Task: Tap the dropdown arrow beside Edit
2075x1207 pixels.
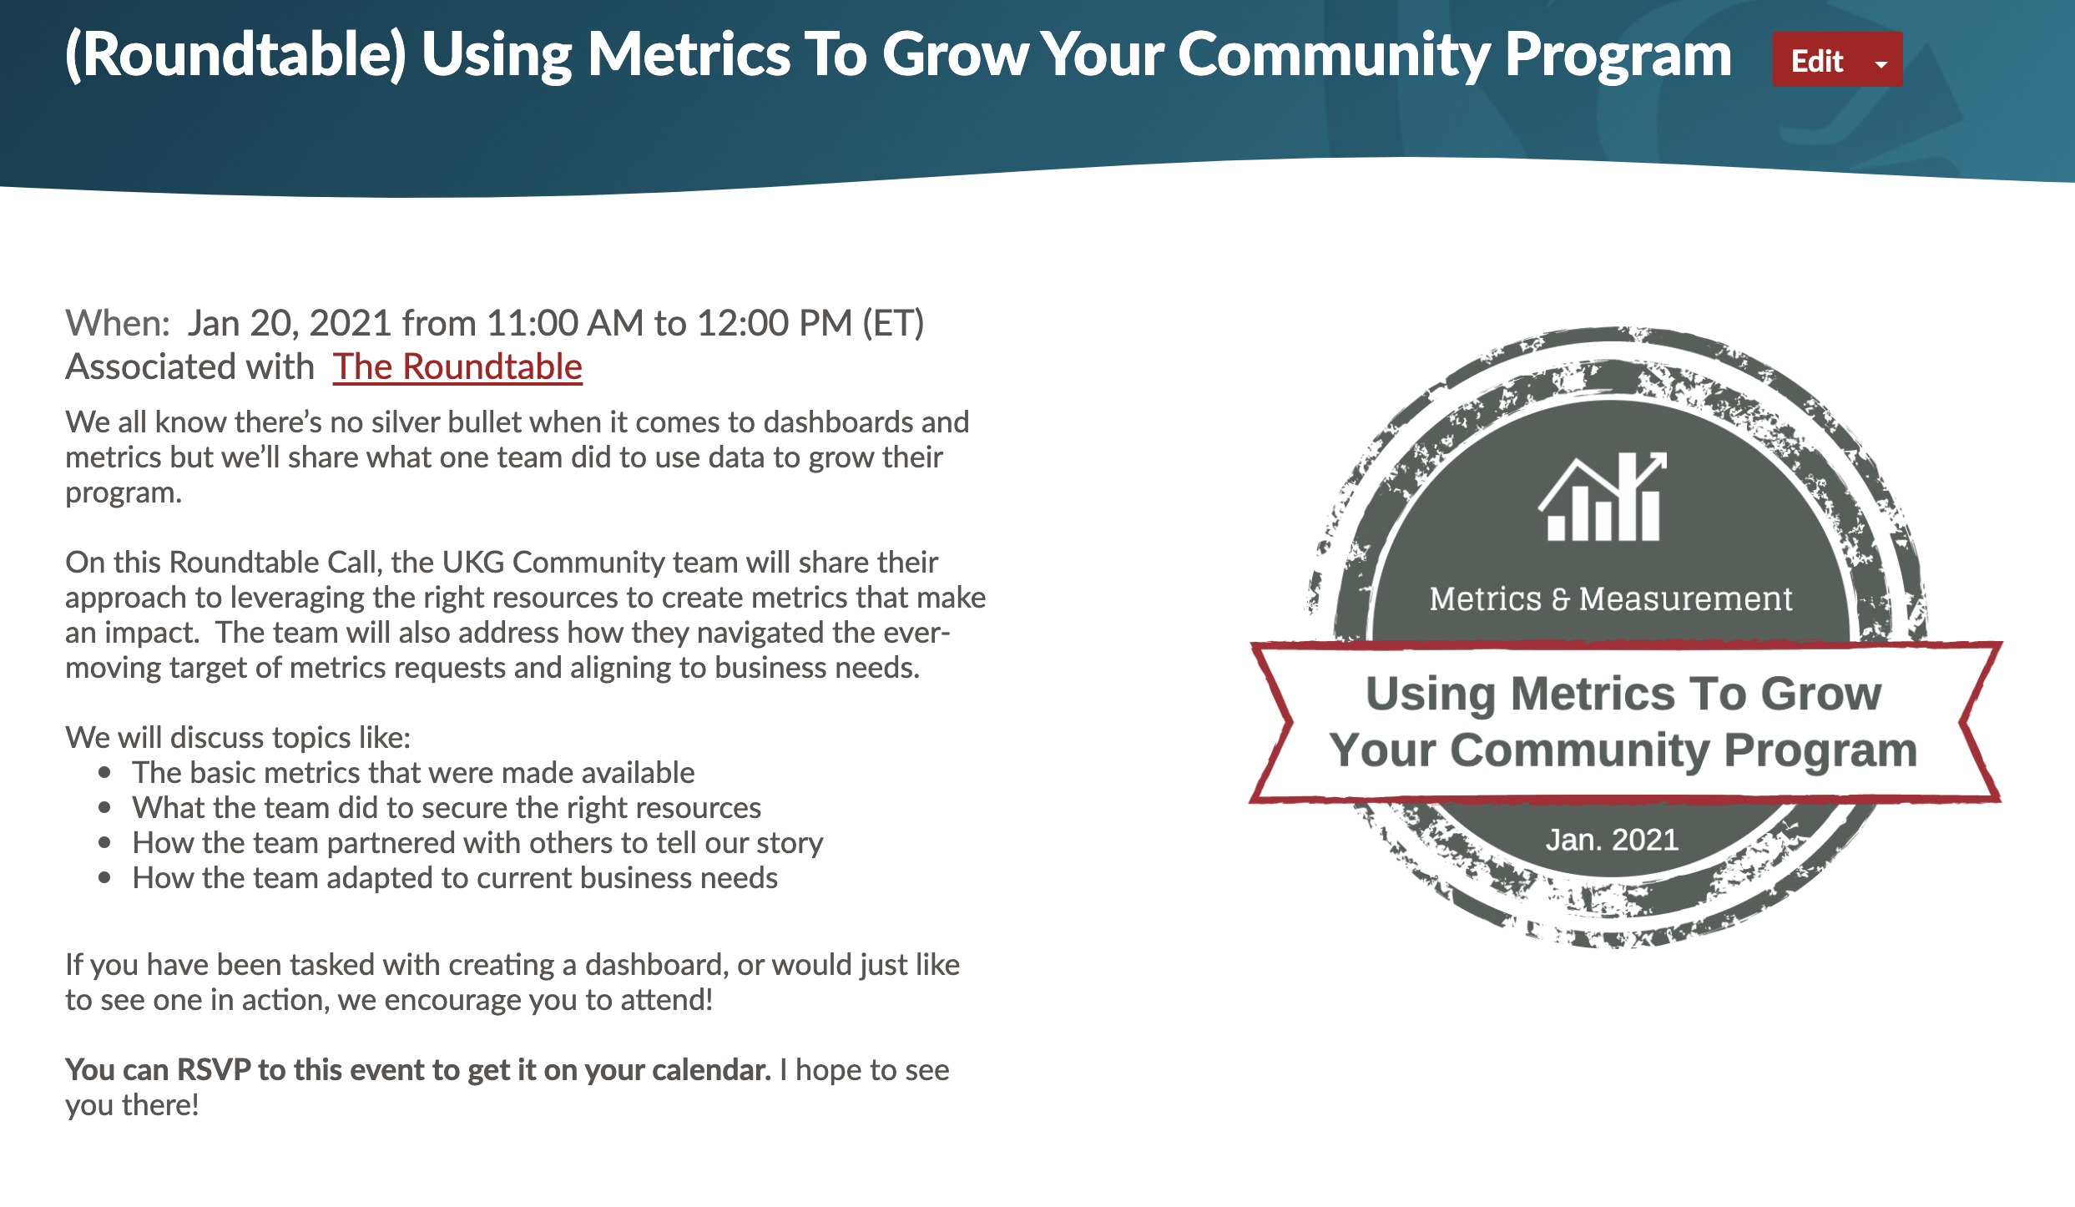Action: click(x=1881, y=63)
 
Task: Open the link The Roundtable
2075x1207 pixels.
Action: click(x=457, y=366)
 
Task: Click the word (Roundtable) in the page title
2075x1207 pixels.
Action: click(x=236, y=55)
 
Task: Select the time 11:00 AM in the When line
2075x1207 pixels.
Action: click(x=564, y=323)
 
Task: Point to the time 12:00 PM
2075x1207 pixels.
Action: click(x=775, y=323)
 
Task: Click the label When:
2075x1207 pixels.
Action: click(x=118, y=323)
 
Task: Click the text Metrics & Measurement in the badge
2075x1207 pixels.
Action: click(x=1611, y=598)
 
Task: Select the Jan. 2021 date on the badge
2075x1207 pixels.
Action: click(x=1612, y=840)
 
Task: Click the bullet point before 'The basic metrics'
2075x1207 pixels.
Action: click(x=104, y=773)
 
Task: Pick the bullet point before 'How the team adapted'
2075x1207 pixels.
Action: click(x=104, y=878)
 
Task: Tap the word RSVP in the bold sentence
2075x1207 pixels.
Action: click(x=214, y=1070)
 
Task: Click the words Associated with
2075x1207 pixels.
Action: click(x=189, y=366)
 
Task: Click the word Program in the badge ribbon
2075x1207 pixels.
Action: click(x=1820, y=750)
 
